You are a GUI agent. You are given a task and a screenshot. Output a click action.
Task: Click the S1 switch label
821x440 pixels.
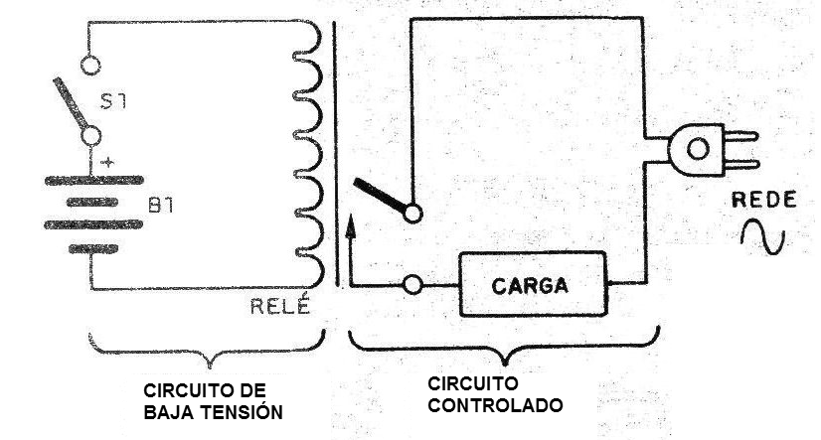click(x=113, y=100)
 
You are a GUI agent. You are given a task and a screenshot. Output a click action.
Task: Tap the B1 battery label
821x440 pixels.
click(x=161, y=205)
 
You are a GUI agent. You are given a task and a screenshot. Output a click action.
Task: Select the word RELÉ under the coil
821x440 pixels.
click(x=280, y=306)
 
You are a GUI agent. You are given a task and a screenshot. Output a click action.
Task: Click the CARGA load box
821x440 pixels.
click(x=533, y=284)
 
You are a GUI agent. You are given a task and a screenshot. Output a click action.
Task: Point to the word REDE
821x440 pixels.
click(x=764, y=200)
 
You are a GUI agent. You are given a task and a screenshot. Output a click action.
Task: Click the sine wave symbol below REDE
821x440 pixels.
click(x=763, y=236)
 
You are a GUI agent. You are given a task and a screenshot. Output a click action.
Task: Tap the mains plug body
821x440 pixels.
click(x=696, y=150)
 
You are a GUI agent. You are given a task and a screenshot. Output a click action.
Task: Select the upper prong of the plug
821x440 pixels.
click(x=740, y=136)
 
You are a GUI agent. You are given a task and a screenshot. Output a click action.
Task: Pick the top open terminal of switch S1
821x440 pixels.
click(x=90, y=66)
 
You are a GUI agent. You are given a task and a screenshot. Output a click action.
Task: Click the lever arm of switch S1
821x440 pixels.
click(x=71, y=103)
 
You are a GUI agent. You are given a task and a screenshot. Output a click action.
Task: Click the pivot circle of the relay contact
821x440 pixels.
click(x=412, y=214)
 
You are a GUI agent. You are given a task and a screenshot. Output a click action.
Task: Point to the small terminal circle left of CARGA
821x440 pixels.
click(x=412, y=285)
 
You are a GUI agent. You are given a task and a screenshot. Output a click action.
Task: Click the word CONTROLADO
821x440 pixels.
click(x=495, y=405)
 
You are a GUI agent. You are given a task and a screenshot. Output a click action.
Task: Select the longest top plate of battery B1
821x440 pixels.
click(x=94, y=181)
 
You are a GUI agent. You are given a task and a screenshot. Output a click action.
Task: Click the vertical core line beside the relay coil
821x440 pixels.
click(x=336, y=154)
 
